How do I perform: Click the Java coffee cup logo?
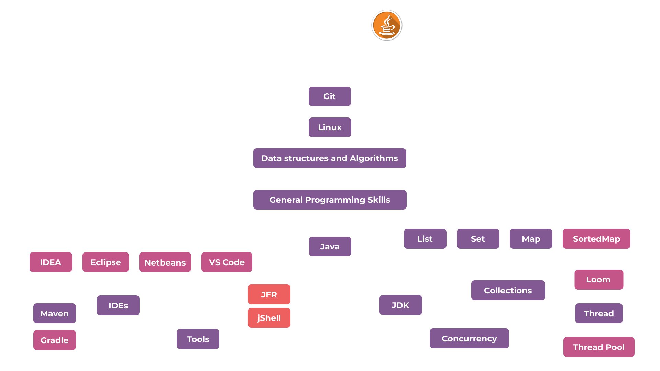(x=387, y=25)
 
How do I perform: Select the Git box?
(x=330, y=97)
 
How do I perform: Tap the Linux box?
(x=330, y=127)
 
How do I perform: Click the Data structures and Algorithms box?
(x=330, y=158)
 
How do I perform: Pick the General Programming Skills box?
(x=330, y=200)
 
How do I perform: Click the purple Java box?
(x=330, y=247)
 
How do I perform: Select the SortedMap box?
(x=596, y=239)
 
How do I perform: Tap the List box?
(x=425, y=239)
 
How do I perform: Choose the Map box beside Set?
(x=531, y=239)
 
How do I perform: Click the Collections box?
(x=508, y=291)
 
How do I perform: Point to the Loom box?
(x=598, y=280)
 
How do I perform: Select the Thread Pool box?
(x=598, y=347)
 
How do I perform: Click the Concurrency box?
(x=469, y=339)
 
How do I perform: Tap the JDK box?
(x=400, y=305)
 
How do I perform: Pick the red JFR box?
(x=269, y=295)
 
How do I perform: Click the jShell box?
(x=269, y=318)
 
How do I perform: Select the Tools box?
(x=198, y=339)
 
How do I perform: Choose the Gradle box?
(x=54, y=340)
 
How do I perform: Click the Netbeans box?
(x=165, y=262)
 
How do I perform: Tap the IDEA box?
(x=51, y=262)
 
